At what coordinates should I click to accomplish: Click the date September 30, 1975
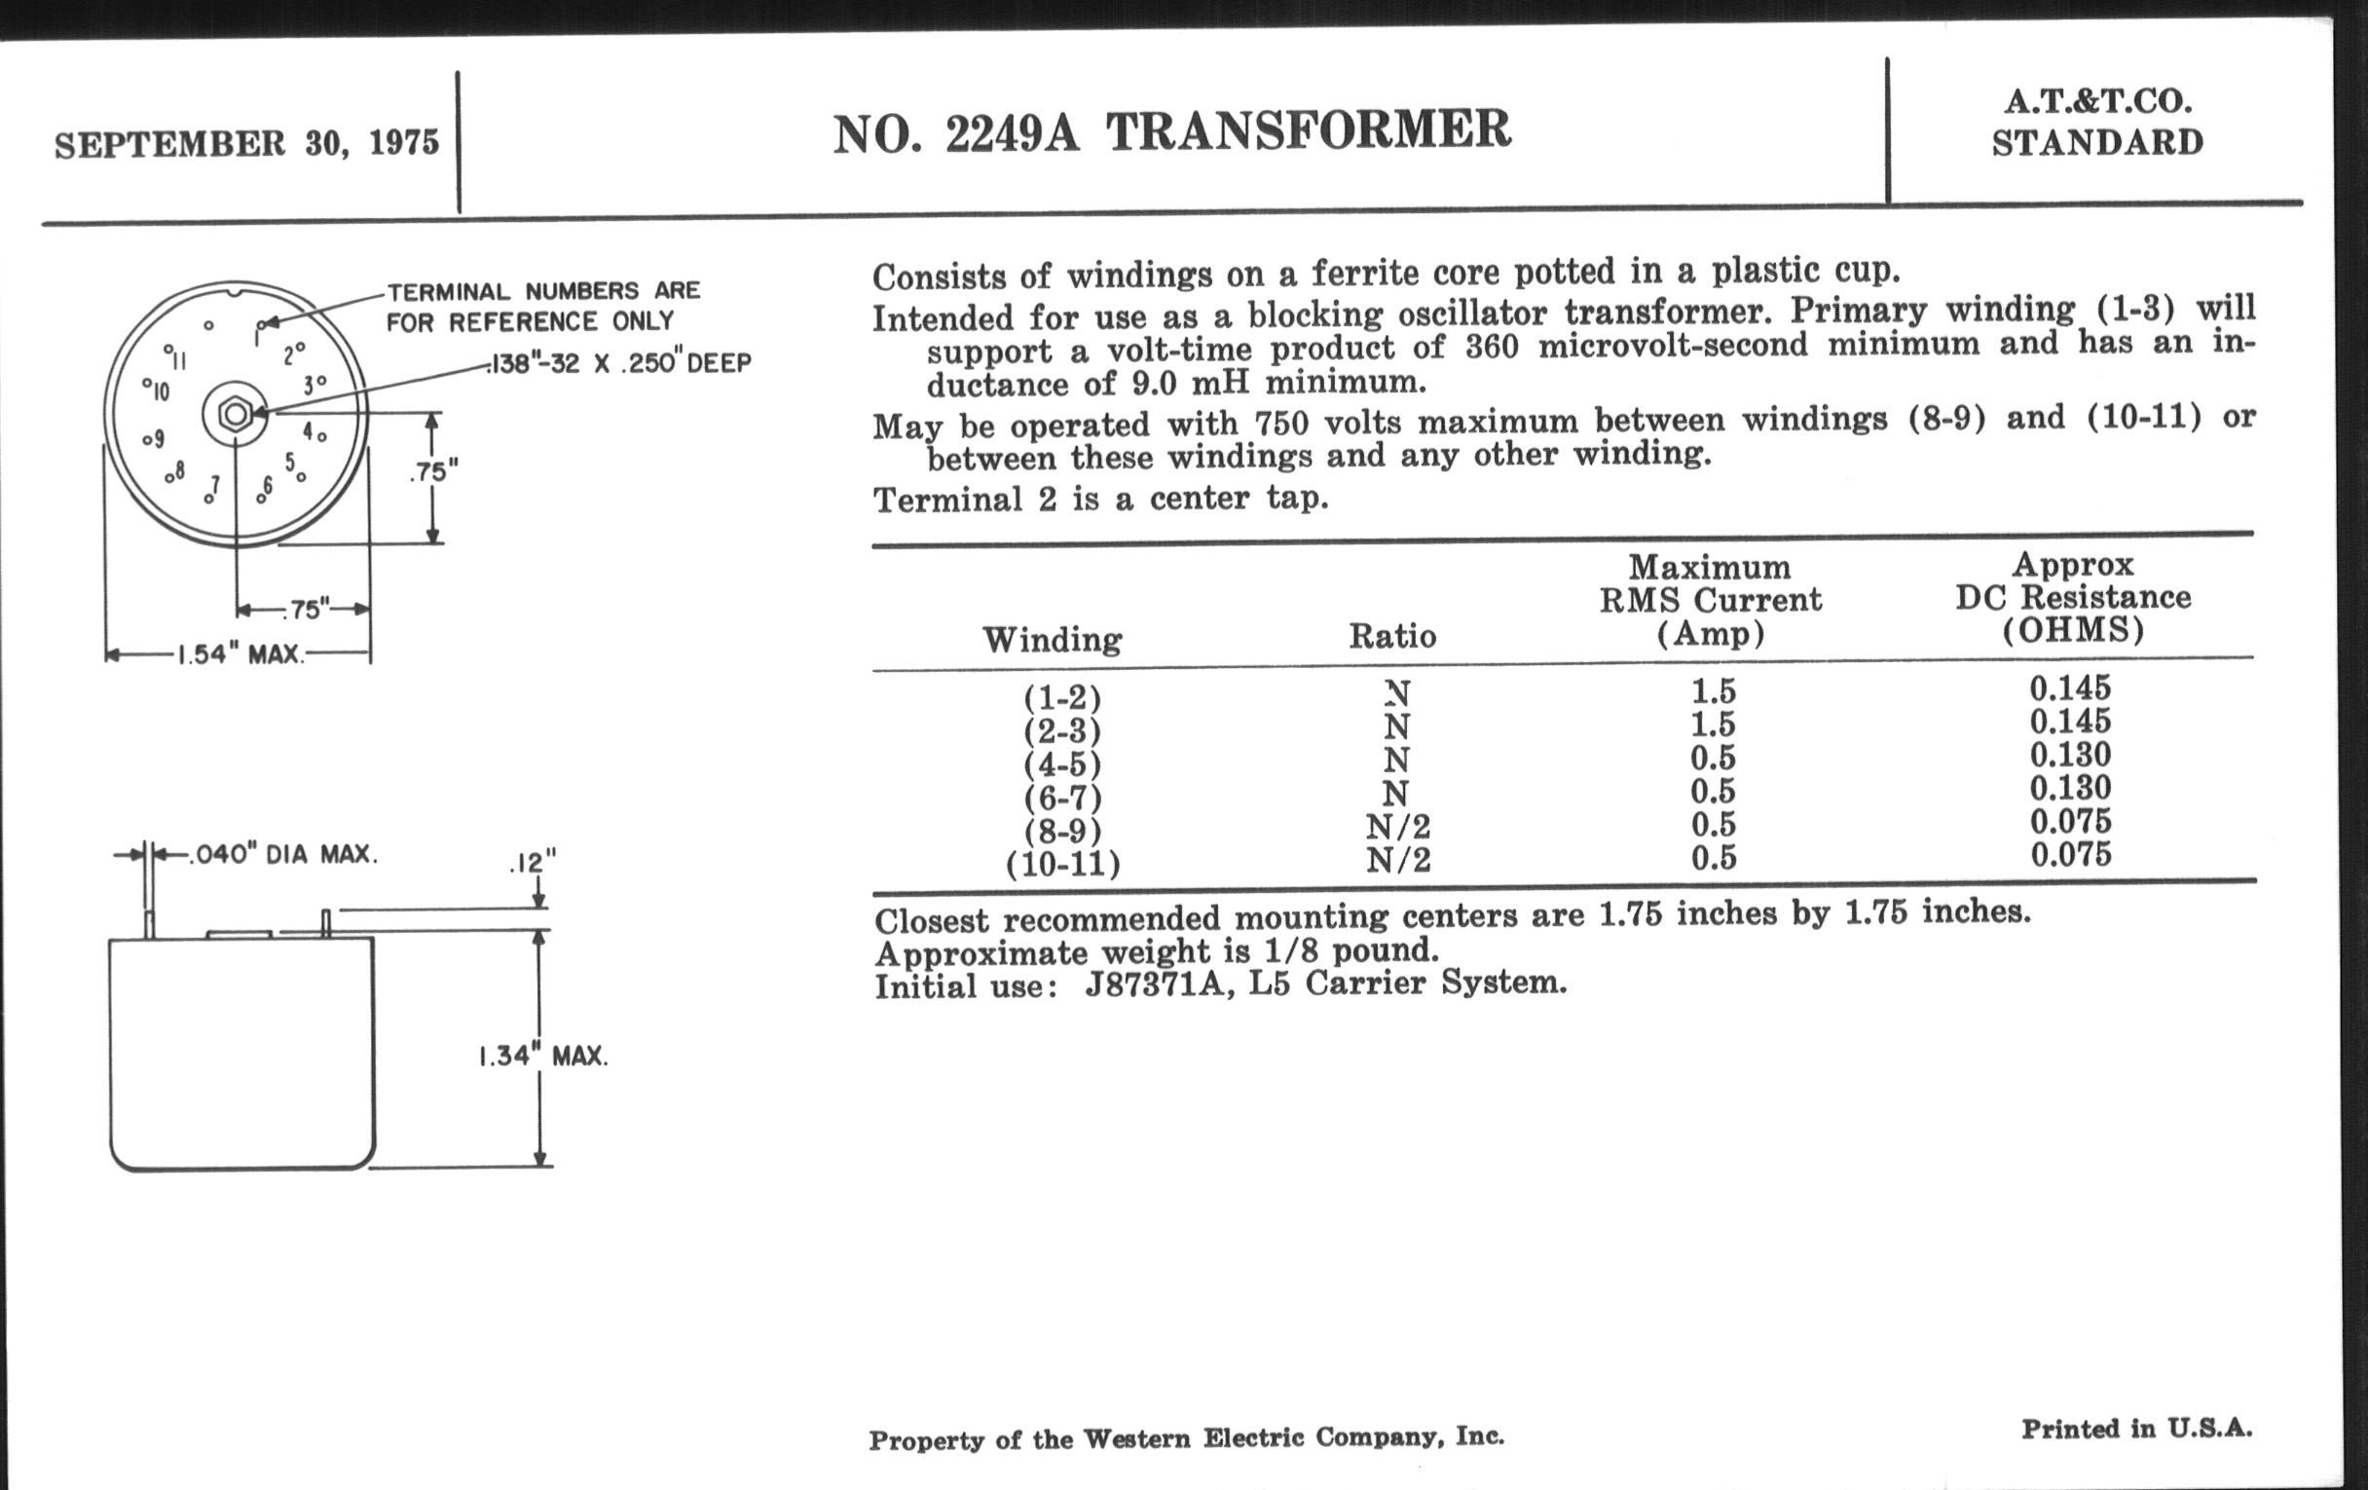247,143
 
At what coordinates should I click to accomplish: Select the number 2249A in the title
1012,133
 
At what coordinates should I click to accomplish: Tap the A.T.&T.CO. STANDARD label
2096,123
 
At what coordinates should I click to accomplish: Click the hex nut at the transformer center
235,414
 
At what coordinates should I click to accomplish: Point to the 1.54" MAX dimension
239,654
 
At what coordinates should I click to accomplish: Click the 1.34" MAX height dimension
543,1057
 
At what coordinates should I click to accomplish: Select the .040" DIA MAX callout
279,854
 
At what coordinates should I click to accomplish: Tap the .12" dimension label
532,864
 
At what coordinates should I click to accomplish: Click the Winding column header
1053,640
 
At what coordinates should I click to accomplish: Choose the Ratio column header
1391,636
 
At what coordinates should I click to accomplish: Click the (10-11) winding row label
1062,865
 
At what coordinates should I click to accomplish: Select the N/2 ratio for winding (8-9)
1397,827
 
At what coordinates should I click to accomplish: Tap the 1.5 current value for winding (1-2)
1712,691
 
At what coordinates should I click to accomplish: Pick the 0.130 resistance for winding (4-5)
2070,756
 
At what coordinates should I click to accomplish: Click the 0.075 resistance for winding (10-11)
2071,854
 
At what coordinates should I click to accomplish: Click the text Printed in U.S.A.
2136,1428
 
